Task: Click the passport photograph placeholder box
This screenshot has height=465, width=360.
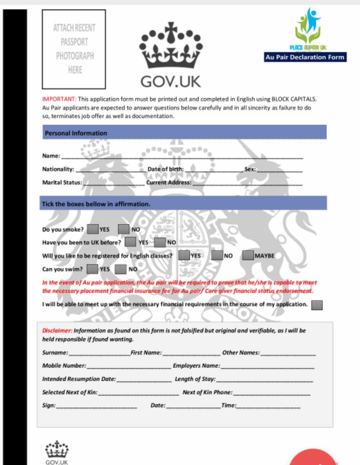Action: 74,49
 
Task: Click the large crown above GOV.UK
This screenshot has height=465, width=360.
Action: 171,46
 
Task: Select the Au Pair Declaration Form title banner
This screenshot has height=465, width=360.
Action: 305,57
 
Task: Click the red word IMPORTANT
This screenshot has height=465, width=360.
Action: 59,99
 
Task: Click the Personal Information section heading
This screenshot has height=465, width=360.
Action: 76,133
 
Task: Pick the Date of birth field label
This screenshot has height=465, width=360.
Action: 165,169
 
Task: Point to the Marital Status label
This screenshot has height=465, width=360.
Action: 62,182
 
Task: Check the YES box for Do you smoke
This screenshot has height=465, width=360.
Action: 93,229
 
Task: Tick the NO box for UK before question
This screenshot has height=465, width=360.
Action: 160,242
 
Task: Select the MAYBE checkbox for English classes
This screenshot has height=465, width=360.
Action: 248,256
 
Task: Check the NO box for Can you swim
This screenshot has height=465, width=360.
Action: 121,269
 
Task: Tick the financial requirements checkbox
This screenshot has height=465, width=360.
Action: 317,305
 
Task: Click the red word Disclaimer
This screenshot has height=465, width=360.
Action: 57,331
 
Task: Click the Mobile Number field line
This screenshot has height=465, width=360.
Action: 129,367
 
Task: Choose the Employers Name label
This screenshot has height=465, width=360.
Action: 196,366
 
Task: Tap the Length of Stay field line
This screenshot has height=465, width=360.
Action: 264,380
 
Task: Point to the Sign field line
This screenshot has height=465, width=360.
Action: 97,406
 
